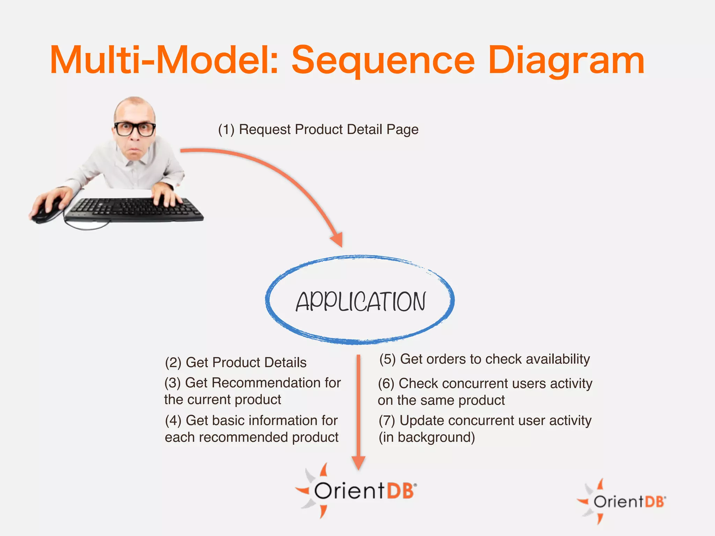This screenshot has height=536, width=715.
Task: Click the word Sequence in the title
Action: point(383,61)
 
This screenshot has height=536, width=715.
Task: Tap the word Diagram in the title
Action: point(566,61)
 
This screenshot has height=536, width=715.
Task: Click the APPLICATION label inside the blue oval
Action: point(361,302)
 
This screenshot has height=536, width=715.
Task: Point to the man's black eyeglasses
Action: point(135,129)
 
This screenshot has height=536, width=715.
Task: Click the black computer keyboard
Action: point(134,209)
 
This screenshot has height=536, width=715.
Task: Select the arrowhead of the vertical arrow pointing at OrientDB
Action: point(359,463)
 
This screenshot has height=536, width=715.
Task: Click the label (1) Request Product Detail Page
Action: point(318,129)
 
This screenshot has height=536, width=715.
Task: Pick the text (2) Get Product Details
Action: point(236,363)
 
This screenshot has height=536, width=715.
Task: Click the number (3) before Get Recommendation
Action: point(172,383)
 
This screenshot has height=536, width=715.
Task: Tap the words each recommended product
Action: point(251,437)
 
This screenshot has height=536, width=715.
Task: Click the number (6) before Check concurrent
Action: point(386,384)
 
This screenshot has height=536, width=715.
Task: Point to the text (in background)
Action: point(427,437)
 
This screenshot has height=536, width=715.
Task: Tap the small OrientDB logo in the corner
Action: point(621,501)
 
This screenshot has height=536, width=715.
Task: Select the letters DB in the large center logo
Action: point(400,491)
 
